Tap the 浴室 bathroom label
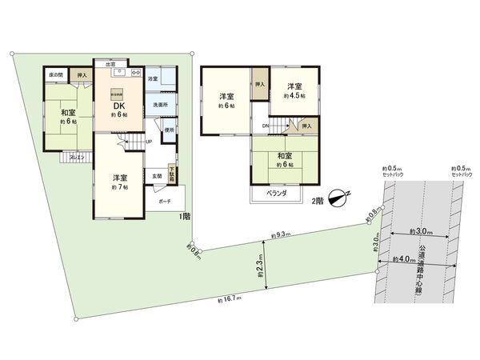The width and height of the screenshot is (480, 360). (153, 79)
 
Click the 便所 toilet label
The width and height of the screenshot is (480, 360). (169, 130)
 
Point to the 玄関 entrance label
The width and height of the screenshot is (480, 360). (157, 174)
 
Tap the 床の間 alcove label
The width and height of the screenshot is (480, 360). (56, 74)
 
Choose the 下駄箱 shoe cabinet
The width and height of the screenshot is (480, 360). (173, 172)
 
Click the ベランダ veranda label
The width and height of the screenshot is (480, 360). (277, 193)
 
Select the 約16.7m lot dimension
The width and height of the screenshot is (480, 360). (228, 301)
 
